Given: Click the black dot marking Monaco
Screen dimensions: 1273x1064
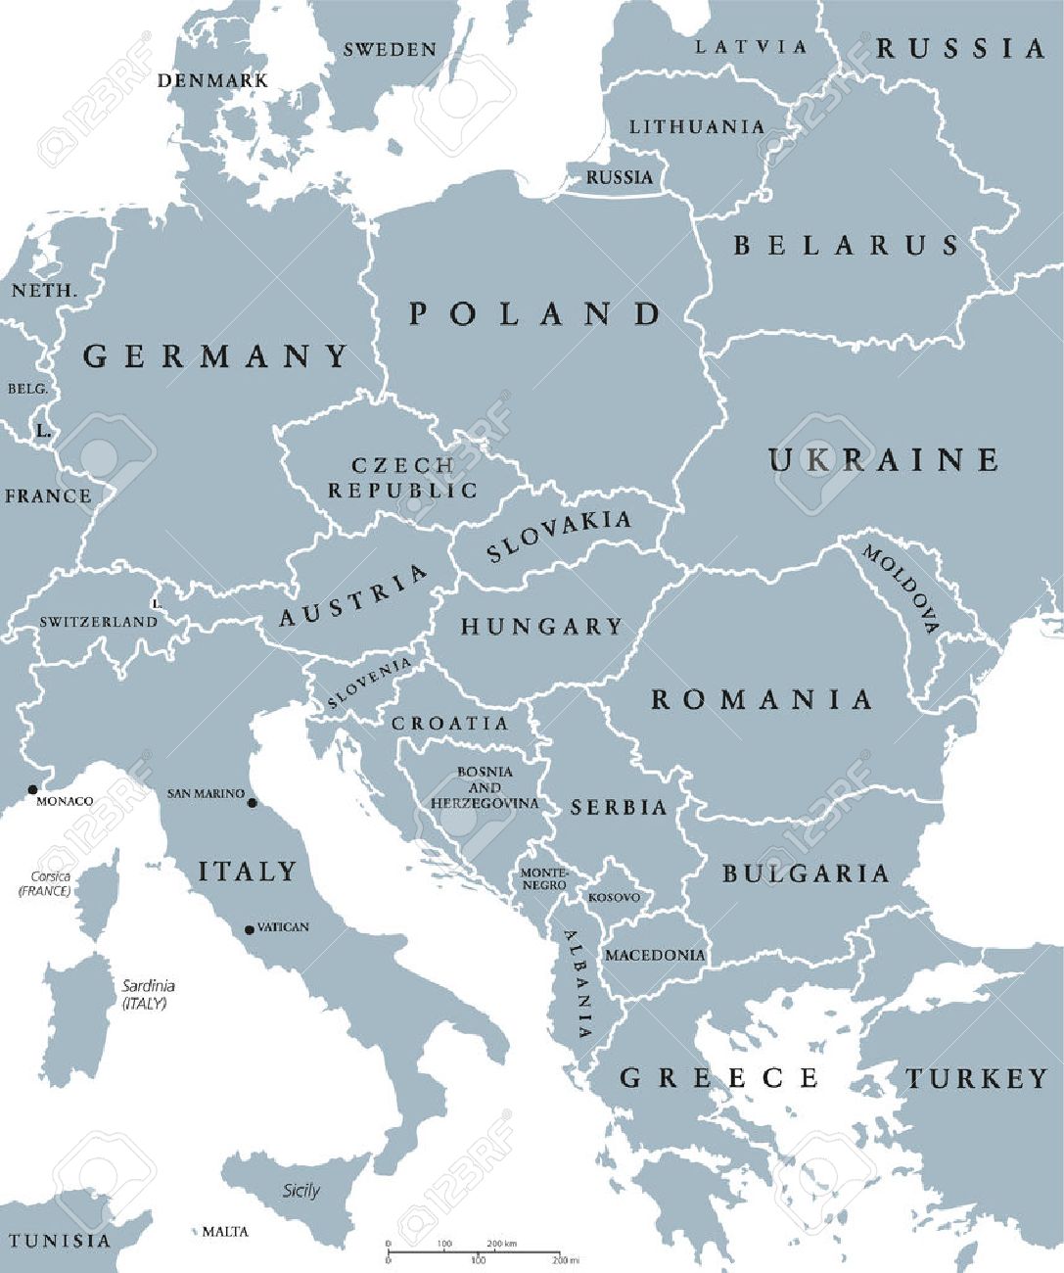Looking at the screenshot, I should coord(32,789).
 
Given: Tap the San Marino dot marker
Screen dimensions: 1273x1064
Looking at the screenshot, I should coord(252,803).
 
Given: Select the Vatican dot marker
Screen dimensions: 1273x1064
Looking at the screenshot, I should coord(250,929).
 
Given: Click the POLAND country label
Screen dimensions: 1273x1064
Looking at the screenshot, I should coord(534,314).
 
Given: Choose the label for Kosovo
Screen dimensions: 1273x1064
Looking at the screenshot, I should coord(614,897).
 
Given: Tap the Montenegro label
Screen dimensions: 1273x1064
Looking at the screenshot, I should coord(543,878).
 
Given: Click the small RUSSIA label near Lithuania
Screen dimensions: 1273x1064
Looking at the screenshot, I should coord(619,177).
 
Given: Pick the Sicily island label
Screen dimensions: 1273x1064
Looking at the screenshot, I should coord(301,1191).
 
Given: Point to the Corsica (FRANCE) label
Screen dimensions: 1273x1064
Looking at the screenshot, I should coord(45,884).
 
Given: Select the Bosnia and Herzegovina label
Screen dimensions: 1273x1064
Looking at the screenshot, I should coord(485,787).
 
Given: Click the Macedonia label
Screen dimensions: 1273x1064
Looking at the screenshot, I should coord(655,955).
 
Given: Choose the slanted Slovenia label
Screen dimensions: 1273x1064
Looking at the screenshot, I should coord(369,683).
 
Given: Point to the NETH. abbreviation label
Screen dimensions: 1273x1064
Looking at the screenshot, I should coord(43,291).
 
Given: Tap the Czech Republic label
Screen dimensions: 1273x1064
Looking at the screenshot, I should coord(402,478).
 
